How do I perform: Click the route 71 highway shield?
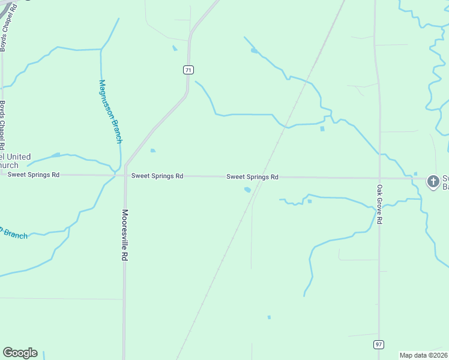tap(188, 70)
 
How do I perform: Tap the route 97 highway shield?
tap(378, 344)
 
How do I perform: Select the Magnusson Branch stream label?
tap(110, 112)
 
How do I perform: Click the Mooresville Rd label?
tap(125, 235)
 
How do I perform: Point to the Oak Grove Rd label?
tap(379, 205)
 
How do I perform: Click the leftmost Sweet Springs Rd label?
tap(34, 175)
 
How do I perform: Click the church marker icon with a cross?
tap(433, 181)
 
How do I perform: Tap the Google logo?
tap(20, 353)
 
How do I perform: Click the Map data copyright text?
tap(424, 355)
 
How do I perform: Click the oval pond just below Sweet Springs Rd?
tap(247, 190)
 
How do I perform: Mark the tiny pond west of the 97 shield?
tap(269, 317)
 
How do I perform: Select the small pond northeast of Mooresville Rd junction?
tap(152, 151)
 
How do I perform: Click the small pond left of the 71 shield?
tap(175, 48)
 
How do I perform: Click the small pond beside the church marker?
tap(415, 174)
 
